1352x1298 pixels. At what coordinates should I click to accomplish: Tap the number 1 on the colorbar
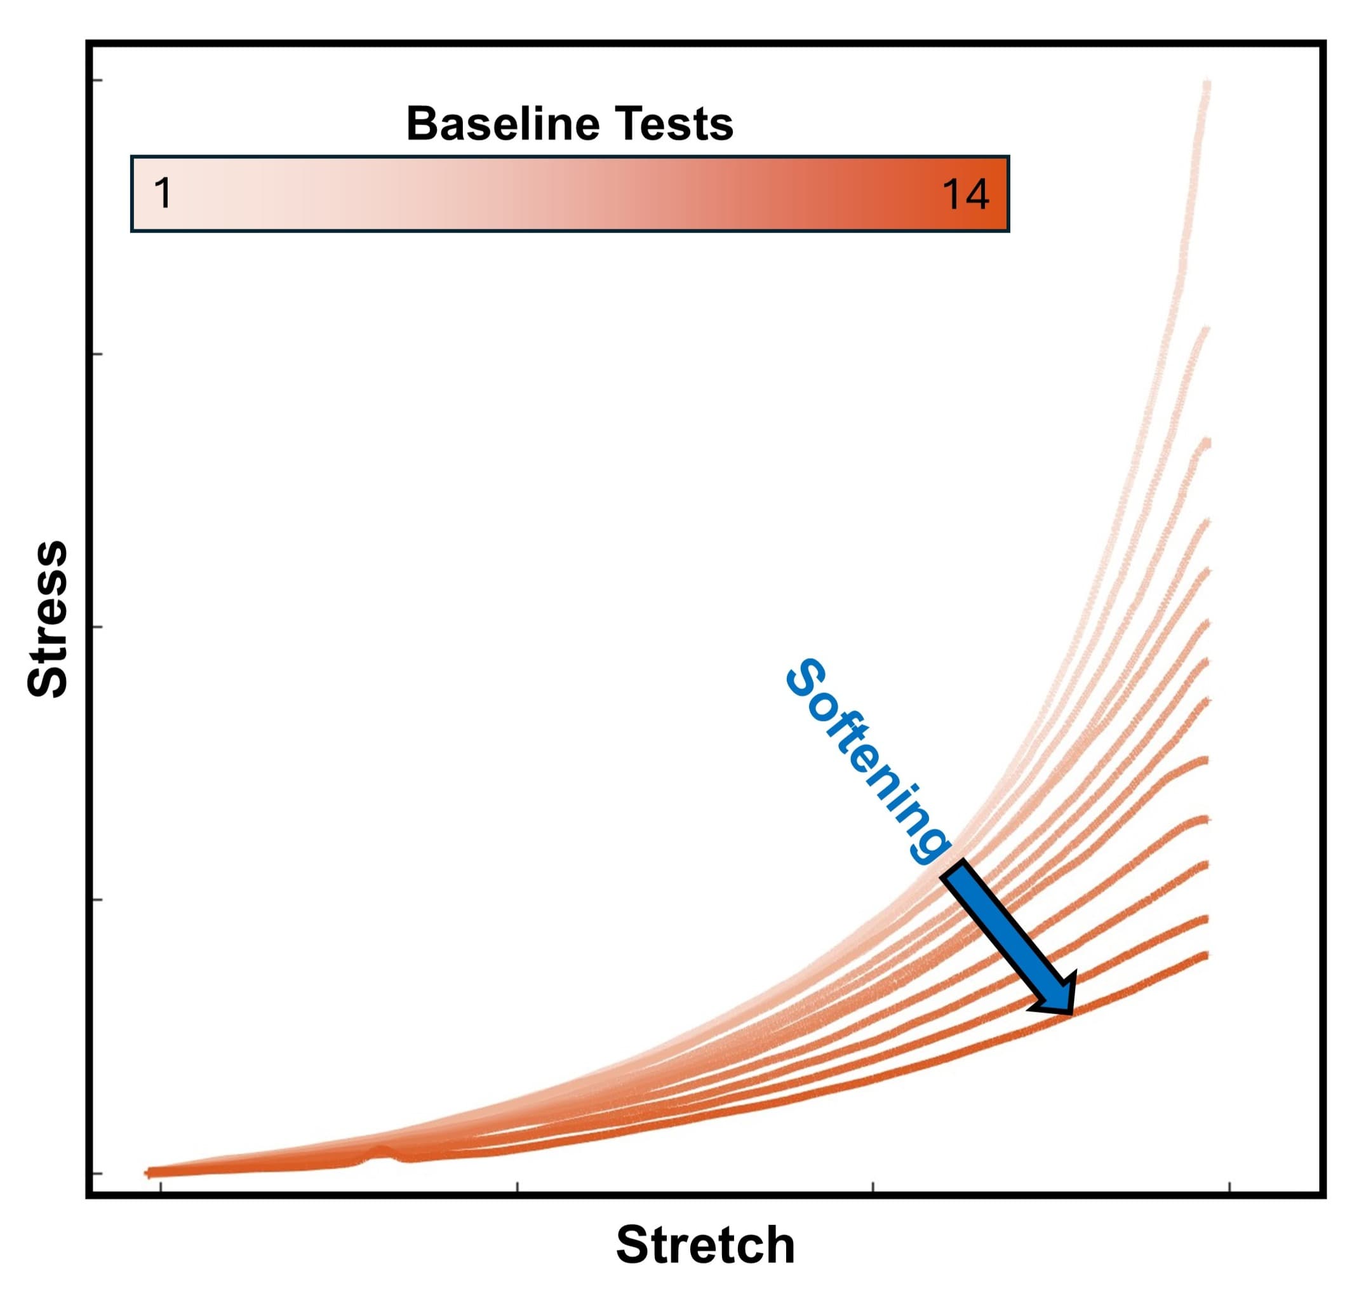click(163, 194)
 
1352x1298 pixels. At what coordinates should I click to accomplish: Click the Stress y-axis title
click(48, 619)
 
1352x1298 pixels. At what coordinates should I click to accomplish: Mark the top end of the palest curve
click(1207, 83)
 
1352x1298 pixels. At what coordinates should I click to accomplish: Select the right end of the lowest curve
click(1207, 955)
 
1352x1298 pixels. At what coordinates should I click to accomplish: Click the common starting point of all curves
click(149, 1172)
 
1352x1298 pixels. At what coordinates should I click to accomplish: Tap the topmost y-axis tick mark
click(97, 81)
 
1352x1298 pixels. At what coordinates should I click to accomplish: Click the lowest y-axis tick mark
click(97, 1173)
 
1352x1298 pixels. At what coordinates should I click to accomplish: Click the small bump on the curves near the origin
click(378, 1151)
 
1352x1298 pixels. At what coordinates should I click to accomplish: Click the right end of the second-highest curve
click(1207, 329)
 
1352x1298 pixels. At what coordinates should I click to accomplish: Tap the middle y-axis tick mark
click(97, 627)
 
